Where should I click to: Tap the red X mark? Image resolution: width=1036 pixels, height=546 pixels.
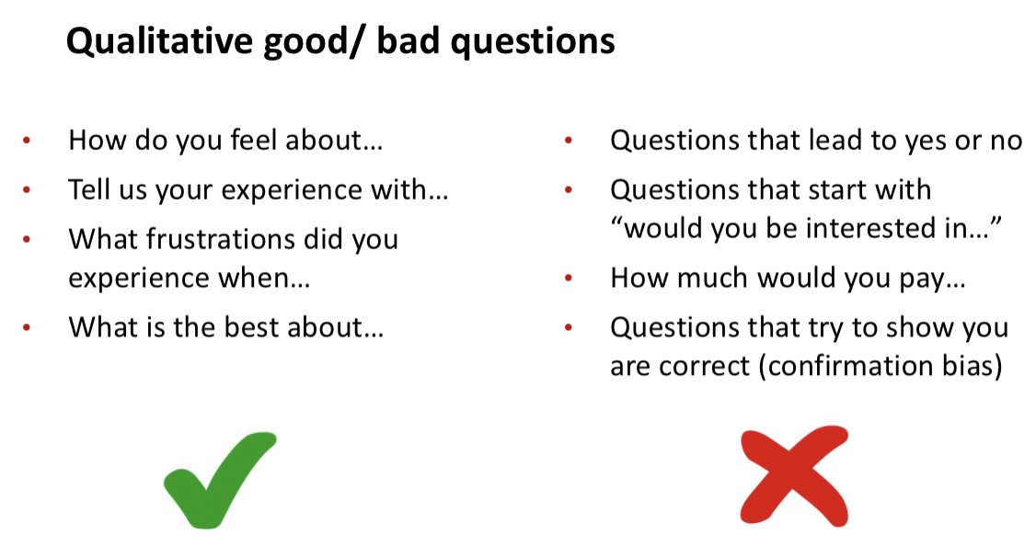(x=793, y=475)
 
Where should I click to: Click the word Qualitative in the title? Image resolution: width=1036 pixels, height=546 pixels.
(x=159, y=41)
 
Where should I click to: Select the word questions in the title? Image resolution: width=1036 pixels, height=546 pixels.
(x=533, y=42)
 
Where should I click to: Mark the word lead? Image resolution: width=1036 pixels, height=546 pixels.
(x=837, y=140)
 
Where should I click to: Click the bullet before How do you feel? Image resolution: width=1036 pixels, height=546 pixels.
(x=27, y=140)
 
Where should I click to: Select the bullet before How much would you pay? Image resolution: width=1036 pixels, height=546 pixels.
(x=569, y=278)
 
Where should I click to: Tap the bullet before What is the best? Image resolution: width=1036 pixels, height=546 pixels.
(x=27, y=327)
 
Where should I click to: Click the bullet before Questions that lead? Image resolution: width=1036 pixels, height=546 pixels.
(x=569, y=140)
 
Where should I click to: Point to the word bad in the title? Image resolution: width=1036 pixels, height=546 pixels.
(x=408, y=41)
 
